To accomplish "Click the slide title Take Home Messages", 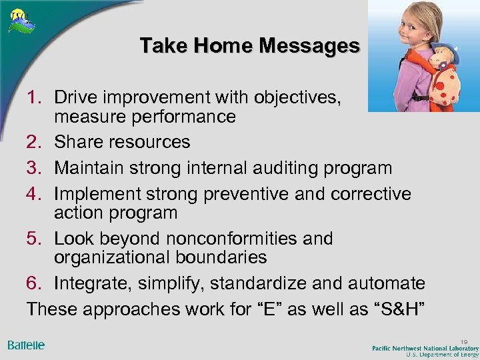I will coord(249,45).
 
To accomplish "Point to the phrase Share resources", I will coord(122,142).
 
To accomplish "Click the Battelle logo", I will coord(26,345).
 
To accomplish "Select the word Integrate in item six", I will coord(94,284).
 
